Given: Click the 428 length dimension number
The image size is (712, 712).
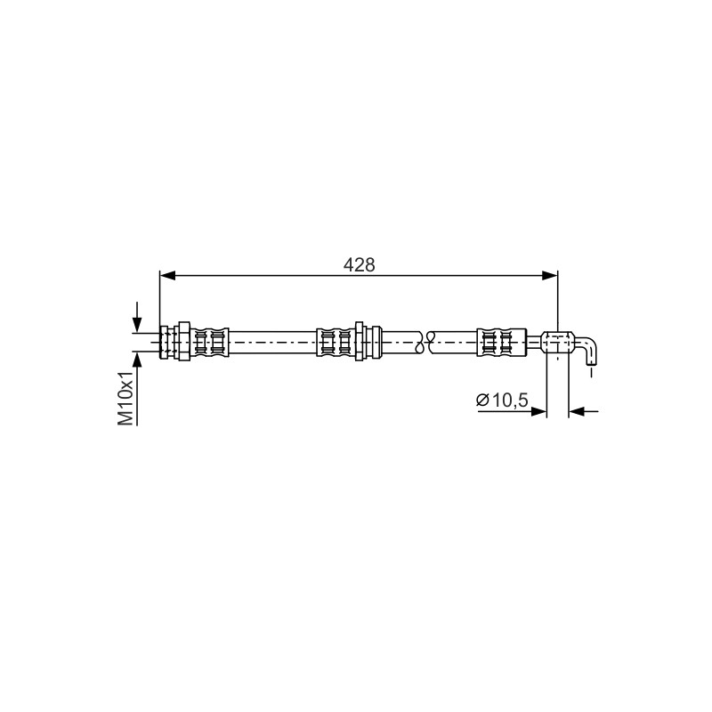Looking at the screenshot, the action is [x=360, y=264].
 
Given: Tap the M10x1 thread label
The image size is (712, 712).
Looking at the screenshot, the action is [x=125, y=397].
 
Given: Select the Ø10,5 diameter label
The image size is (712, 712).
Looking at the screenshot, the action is [x=502, y=400].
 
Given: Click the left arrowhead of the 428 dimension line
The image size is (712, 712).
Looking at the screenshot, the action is [x=167, y=275].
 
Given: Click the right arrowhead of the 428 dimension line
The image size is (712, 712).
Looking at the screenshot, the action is [x=550, y=275].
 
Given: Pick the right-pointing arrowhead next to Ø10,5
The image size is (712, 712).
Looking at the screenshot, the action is [x=538, y=411].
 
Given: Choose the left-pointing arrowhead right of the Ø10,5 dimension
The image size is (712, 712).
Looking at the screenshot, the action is [x=576, y=411].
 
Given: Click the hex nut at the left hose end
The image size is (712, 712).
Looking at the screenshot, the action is [x=184, y=342].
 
